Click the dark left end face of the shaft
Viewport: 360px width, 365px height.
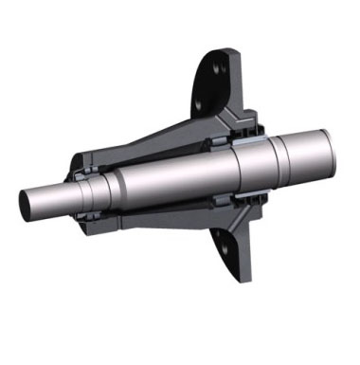[x=27, y=202]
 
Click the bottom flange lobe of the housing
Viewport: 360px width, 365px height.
[x=228, y=248]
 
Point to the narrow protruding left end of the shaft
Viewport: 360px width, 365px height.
[x=47, y=200]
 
